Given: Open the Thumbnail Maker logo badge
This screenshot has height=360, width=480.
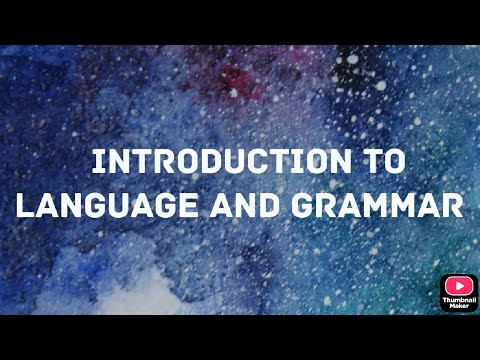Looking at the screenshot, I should [459, 293].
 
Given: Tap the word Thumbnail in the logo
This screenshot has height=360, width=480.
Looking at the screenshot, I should [459, 301].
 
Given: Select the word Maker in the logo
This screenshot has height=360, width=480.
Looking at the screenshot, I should [459, 308].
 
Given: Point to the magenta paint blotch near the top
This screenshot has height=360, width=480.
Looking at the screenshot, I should [236, 77].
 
